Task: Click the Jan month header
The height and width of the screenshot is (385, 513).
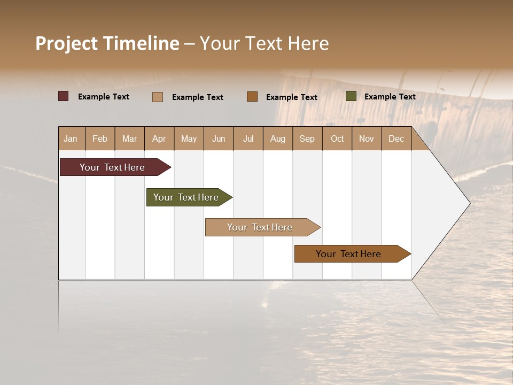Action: pos(71,138)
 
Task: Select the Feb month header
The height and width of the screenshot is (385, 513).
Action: pos(100,138)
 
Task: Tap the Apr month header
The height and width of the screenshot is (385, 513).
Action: pos(159,138)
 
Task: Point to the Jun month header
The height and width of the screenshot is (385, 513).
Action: pos(219,138)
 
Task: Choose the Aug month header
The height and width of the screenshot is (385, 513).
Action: pos(278,138)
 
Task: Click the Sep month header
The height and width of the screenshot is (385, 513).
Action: pos(307,138)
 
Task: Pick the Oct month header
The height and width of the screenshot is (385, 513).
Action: pos(337,138)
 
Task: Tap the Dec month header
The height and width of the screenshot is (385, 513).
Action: pos(397,138)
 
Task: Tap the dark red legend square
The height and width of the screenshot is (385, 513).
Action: pos(63,96)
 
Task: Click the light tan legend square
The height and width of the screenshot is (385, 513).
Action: pos(157,97)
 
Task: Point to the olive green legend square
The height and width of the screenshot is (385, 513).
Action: pos(351,96)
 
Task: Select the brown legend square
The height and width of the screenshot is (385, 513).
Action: pos(252,96)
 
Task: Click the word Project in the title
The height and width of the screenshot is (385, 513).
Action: pos(67,44)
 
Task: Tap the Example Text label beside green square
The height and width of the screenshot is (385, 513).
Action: pos(390,96)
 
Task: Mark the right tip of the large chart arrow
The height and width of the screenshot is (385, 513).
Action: pos(469,203)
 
